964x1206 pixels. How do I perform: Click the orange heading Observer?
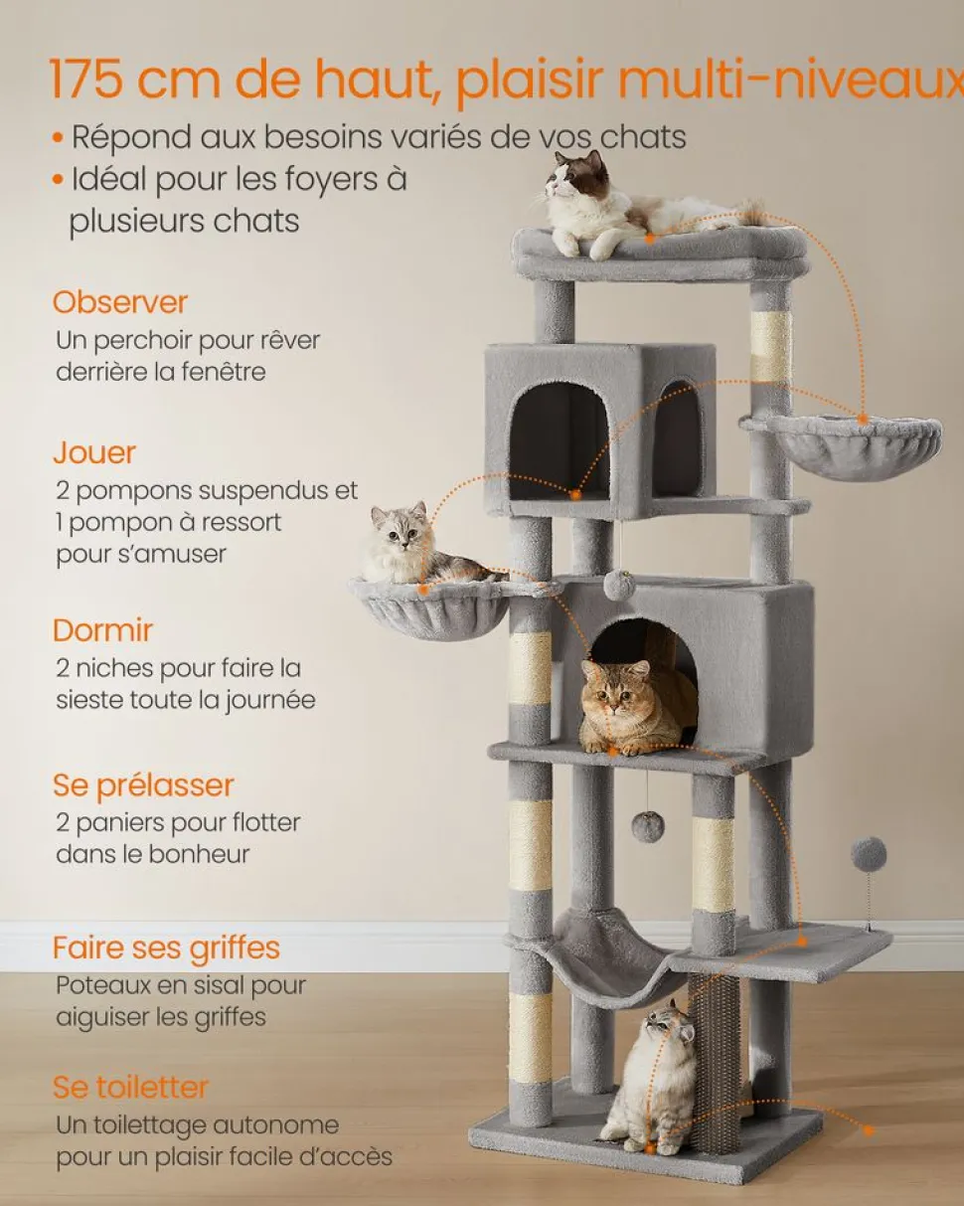pyautogui.click(x=120, y=302)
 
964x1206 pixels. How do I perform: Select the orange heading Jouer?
pyautogui.click(x=94, y=452)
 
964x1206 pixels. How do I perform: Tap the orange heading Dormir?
pyautogui.click(x=102, y=630)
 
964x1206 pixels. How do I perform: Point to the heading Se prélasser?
pyautogui.click(x=143, y=786)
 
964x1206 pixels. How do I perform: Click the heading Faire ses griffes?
pyautogui.click(x=166, y=948)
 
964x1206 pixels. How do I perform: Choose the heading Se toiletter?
pyautogui.click(x=130, y=1087)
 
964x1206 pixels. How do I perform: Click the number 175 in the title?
pyautogui.click(x=86, y=79)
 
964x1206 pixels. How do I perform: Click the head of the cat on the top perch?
pyautogui.click(x=577, y=174)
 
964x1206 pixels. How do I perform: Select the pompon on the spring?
pyautogui.click(x=869, y=855)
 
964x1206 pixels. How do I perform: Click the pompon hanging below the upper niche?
pyautogui.click(x=619, y=585)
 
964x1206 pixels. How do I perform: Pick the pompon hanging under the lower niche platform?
pyautogui.click(x=648, y=825)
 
